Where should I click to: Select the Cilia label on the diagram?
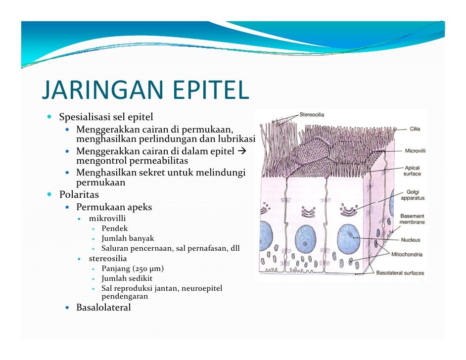415,129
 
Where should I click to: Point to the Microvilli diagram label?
415,150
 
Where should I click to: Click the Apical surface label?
412,171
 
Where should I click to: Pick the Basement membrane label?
412,219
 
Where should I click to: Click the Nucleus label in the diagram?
411,240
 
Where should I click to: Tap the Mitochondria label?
407,255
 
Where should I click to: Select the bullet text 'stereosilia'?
108,258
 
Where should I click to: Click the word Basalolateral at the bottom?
103,308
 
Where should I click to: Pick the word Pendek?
115,228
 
